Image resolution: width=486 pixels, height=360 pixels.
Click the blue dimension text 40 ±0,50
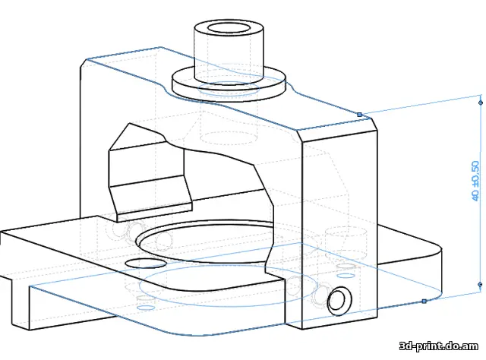tap(475, 181)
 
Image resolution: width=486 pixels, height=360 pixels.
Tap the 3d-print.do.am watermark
tap(439, 346)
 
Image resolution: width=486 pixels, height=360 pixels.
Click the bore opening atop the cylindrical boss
tap(229, 27)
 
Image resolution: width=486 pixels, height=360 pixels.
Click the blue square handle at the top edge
tap(359, 115)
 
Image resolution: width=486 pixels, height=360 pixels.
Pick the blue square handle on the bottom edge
tap(424, 301)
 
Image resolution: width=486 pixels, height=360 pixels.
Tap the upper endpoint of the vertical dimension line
tap(481, 103)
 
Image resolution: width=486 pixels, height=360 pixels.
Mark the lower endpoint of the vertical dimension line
tap(481, 284)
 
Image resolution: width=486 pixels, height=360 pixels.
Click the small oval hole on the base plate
tap(145, 264)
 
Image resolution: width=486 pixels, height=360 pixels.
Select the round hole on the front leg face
tap(339, 301)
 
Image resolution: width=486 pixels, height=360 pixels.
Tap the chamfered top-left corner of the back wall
tap(84, 65)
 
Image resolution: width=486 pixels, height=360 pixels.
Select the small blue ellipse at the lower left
tap(146, 308)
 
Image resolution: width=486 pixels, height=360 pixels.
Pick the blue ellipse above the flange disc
tap(229, 87)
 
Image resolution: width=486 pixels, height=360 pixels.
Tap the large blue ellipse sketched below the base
tap(229, 286)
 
